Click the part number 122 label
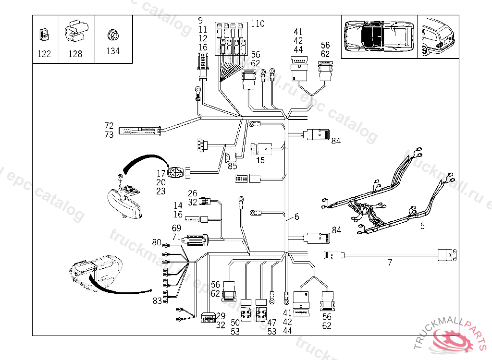point(44,54)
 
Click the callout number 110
point(258,24)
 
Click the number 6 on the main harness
point(296,217)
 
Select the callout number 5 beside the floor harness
point(422,226)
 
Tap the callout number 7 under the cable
point(390,263)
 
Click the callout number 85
point(233,167)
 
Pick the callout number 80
point(157,242)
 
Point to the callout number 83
point(157,301)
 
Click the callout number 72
point(109,126)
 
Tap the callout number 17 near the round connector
point(161,173)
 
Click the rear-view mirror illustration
point(123,202)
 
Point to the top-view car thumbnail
point(378,37)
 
